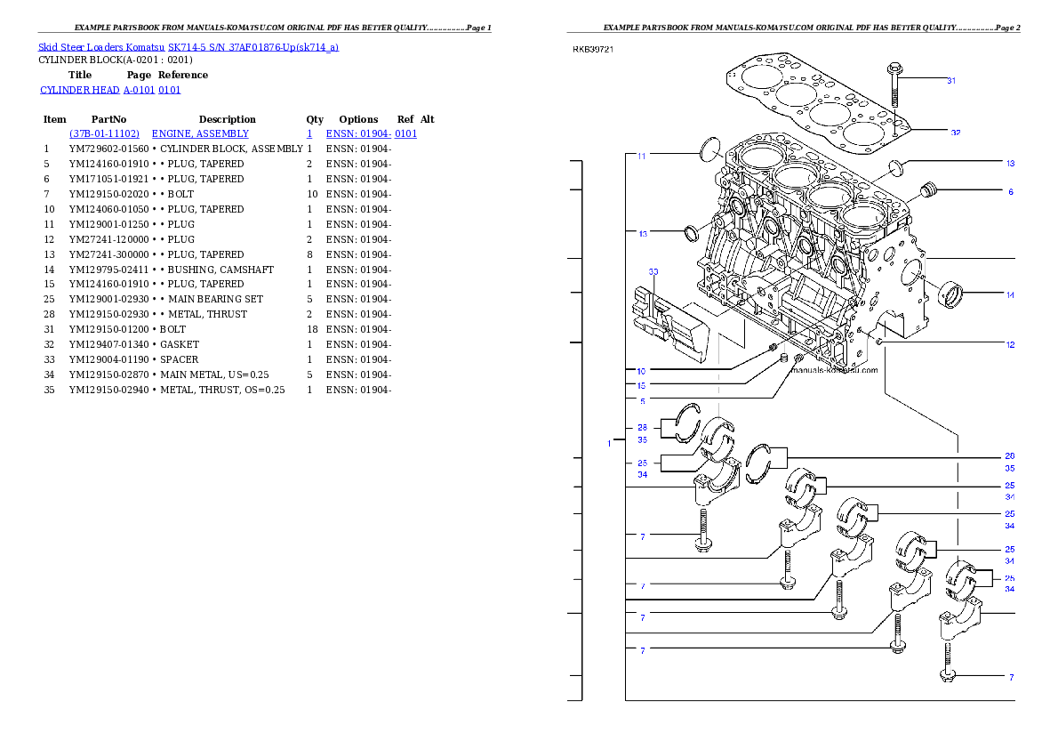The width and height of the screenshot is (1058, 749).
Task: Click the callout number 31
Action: (x=951, y=80)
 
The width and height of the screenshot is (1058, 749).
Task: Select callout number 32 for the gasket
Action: (x=955, y=133)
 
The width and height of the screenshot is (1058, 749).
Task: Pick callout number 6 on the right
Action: (x=1010, y=191)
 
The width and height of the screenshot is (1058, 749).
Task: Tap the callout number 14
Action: (x=1010, y=295)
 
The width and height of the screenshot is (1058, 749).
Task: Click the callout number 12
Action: (x=1010, y=345)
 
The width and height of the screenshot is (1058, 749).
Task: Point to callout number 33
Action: (x=653, y=271)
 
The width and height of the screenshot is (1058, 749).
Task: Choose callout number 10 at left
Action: (x=641, y=370)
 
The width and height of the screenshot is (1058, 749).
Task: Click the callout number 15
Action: (x=641, y=386)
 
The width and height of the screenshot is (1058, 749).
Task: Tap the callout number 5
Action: (x=642, y=401)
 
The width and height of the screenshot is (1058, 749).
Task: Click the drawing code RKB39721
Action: (x=592, y=50)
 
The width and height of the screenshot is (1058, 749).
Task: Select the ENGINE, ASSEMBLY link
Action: (x=200, y=133)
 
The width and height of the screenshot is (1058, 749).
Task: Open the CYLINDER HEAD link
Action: (x=111, y=91)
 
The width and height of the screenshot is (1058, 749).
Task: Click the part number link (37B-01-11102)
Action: (x=105, y=133)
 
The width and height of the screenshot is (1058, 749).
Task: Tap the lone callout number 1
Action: (x=609, y=443)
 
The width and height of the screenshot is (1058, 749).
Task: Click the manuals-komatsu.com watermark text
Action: (x=834, y=370)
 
